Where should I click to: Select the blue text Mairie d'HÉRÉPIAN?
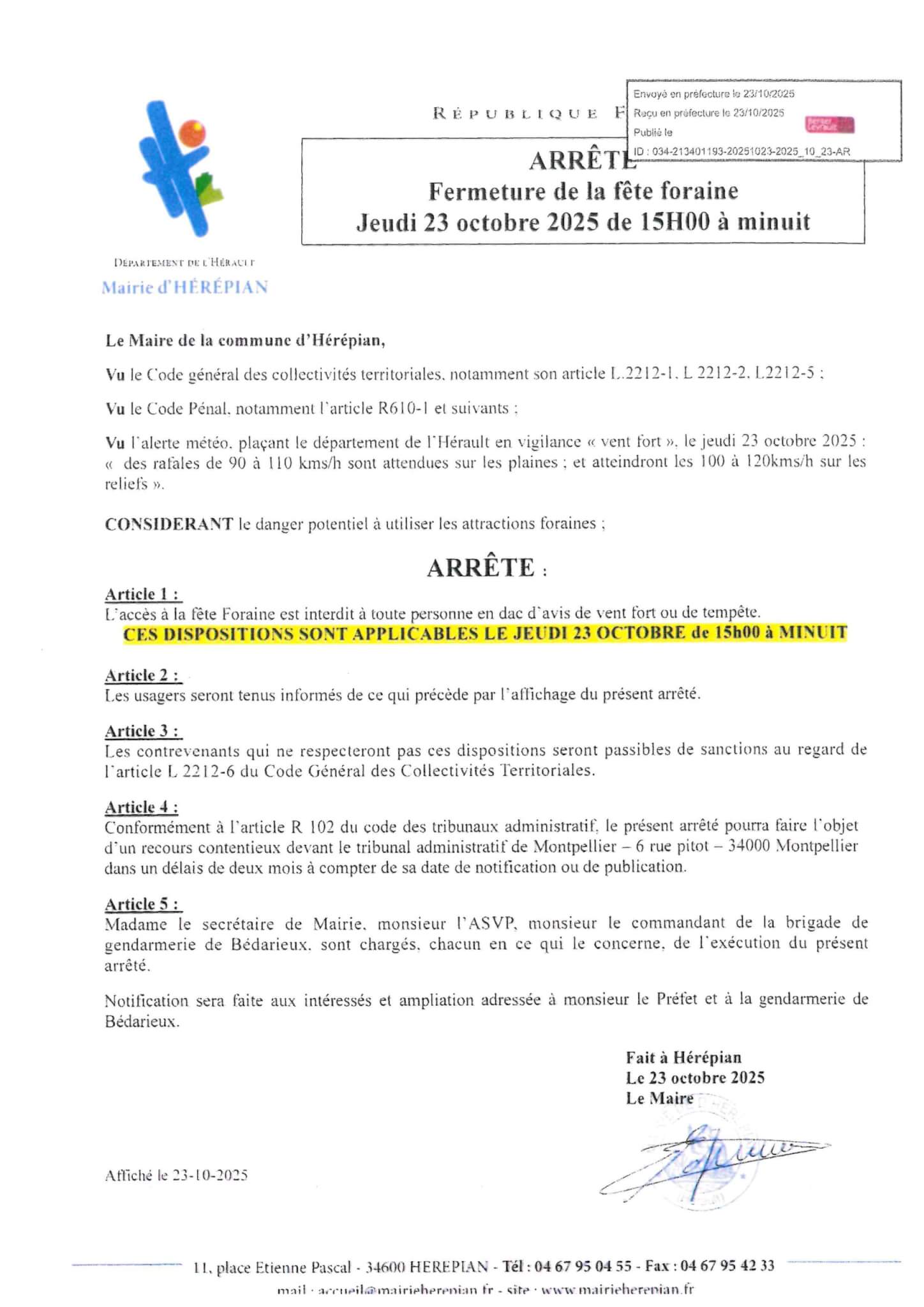tap(184, 287)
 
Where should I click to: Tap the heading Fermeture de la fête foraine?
tap(583, 191)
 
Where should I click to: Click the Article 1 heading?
tap(143, 594)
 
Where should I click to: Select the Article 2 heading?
tap(143, 675)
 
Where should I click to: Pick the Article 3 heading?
tap(143, 731)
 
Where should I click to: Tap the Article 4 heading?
tap(142, 807)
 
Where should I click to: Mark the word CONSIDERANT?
tap(169, 524)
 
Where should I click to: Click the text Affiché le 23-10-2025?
tap(177, 1175)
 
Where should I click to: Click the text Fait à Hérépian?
tap(683, 1057)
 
